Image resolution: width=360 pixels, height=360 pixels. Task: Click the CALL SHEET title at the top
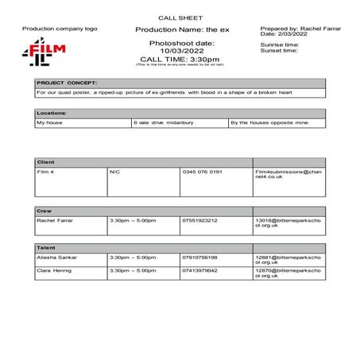(180, 16)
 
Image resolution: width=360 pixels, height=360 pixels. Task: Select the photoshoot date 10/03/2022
(181, 50)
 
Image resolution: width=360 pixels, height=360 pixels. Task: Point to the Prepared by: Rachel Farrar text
(300, 28)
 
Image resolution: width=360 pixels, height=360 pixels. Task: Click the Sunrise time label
(279, 45)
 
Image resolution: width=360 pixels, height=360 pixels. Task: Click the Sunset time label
(277, 51)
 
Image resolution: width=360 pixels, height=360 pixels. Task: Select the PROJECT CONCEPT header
(67, 83)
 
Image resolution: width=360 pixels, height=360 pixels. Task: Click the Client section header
(45, 161)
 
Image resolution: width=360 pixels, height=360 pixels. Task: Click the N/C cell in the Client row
(115, 172)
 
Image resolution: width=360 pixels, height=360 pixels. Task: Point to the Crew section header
(45, 211)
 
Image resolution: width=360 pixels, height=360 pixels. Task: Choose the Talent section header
(46, 248)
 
